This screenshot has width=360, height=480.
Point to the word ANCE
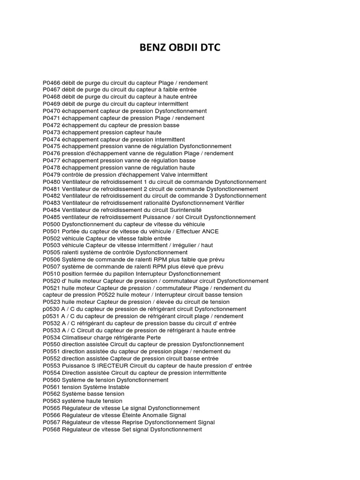[210, 231]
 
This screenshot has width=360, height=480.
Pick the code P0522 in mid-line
[108, 295]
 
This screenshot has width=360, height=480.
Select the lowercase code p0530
[51, 309]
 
